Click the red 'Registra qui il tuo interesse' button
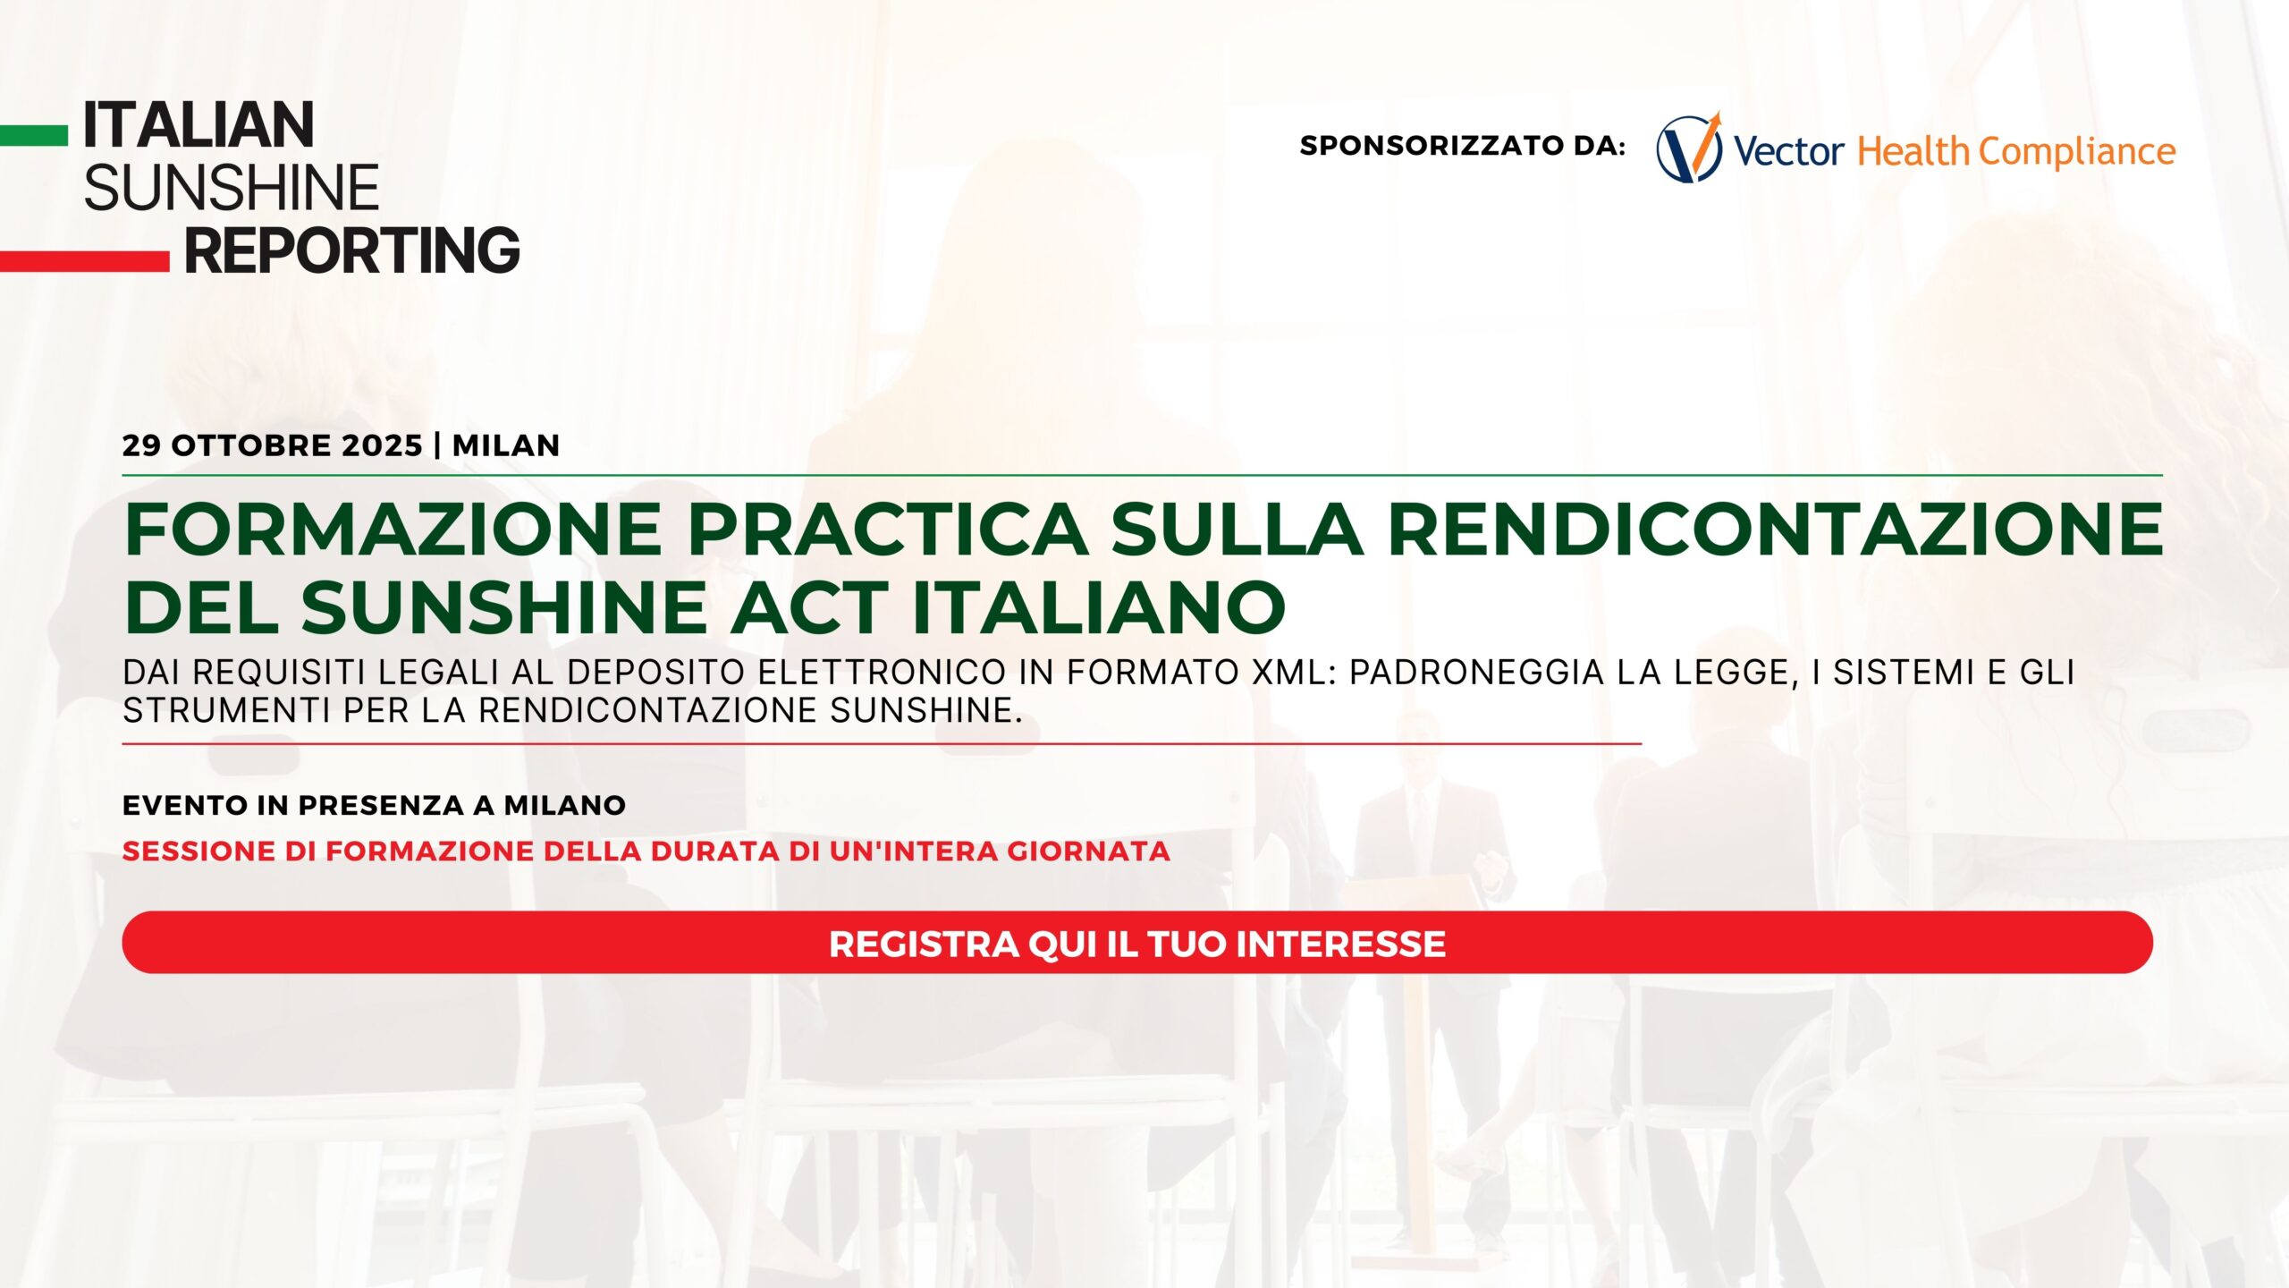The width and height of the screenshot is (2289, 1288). pos(1137,943)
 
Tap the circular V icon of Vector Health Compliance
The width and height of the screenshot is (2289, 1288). pos(1689,148)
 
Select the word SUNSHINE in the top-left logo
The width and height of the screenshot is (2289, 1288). pos(232,188)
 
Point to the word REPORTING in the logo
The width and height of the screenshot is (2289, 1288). pos(352,250)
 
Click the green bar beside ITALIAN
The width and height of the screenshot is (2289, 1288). pos(34,135)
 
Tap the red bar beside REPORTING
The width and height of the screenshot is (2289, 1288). pos(84,261)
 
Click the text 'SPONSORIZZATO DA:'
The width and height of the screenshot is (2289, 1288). pos(1463,146)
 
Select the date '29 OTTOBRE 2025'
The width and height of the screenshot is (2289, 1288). pos(272,445)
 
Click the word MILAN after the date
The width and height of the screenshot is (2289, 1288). pos(506,445)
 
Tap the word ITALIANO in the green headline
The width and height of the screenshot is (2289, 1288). pos(1099,607)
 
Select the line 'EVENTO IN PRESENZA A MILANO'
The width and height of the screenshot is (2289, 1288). pos(374,806)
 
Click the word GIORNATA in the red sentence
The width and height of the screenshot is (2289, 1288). pos(1089,852)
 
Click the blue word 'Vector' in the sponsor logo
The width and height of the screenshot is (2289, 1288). pos(1788,152)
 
